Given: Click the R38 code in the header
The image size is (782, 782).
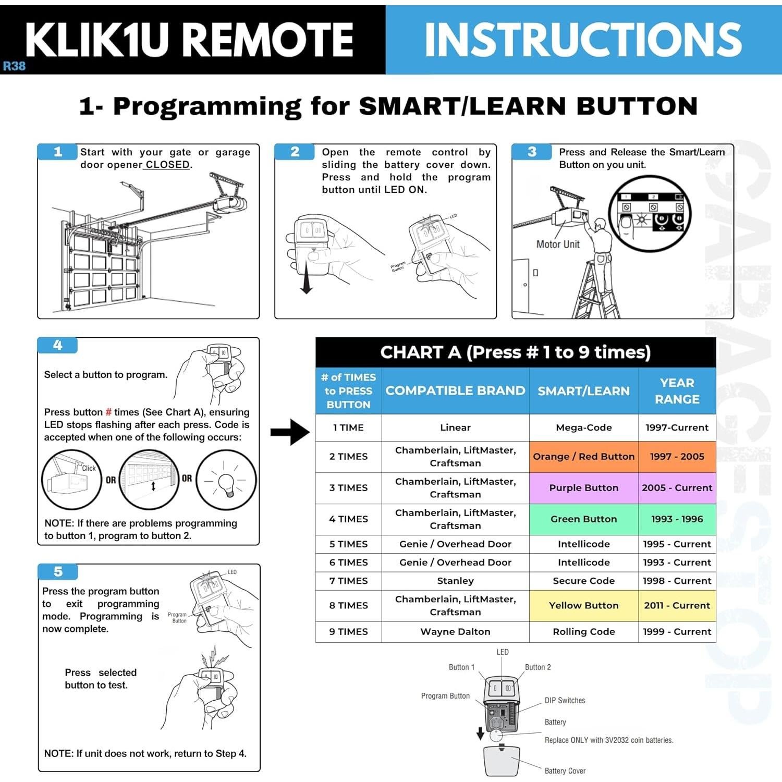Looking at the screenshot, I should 14,66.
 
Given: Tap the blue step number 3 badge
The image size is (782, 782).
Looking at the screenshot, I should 531,152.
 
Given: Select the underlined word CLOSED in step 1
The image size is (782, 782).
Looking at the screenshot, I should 167,165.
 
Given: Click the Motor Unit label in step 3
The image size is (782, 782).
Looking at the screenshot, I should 558,244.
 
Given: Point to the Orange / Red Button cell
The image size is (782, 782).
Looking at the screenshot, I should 583,457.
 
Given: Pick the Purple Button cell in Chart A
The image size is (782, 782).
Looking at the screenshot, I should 583,488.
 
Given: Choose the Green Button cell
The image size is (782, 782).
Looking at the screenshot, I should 583,519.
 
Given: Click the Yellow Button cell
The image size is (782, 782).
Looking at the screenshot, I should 583,605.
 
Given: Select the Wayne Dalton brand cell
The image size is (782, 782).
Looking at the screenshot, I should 455,631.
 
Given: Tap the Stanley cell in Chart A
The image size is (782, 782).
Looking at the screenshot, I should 455,581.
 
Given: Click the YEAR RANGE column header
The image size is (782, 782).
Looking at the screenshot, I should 677,391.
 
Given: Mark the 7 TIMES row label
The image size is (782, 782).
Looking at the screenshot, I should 348,581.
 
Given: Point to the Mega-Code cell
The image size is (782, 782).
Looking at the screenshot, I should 583,427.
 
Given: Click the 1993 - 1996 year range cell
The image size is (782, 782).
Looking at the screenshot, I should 677,519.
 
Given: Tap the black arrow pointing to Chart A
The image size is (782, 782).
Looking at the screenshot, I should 290,432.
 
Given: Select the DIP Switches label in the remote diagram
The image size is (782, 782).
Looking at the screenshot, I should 565,701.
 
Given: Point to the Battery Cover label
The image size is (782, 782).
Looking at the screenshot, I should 565,771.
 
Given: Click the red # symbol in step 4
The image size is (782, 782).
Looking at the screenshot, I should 108,412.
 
